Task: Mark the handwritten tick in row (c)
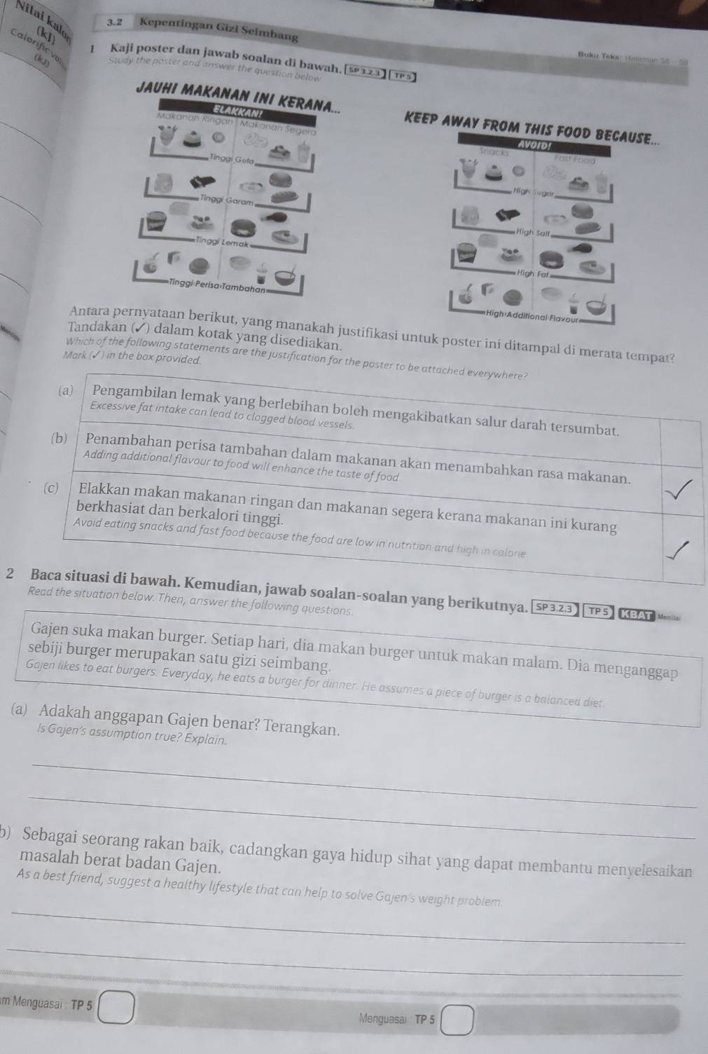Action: click(683, 550)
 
